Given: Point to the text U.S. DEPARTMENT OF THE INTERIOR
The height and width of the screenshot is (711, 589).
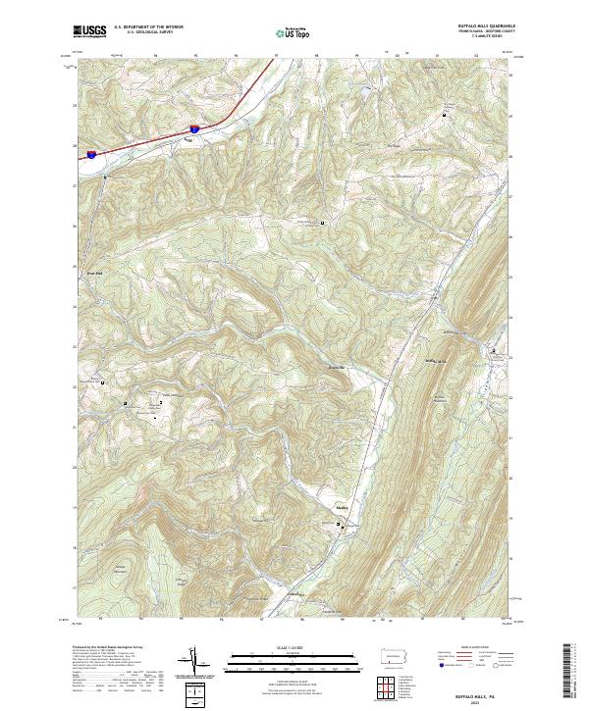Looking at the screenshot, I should point(148,26).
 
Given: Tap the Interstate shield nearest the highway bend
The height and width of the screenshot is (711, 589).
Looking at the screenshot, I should point(195,127).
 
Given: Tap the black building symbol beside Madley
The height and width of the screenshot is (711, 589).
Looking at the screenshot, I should point(340,527).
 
